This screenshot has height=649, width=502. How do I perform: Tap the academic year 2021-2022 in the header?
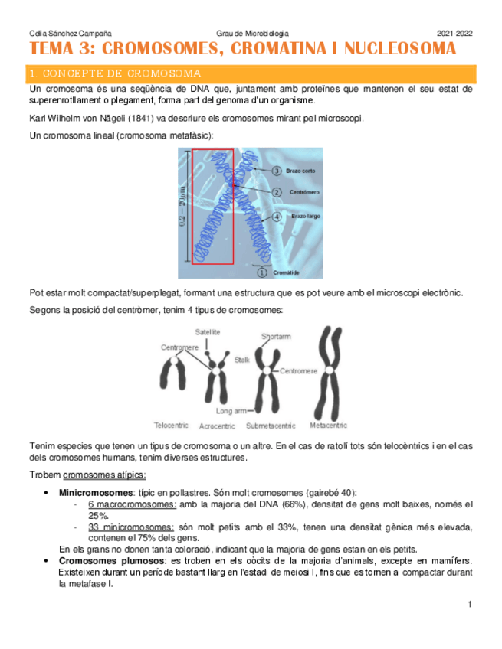(454, 34)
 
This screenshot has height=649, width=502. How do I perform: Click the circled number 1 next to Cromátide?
(261, 272)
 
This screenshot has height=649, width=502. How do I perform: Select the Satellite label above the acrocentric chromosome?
(208, 332)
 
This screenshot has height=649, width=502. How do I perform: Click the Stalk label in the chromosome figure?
(242, 358)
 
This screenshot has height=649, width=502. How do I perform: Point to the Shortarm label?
(276, 336)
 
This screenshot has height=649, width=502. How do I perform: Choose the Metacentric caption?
(329, 425)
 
